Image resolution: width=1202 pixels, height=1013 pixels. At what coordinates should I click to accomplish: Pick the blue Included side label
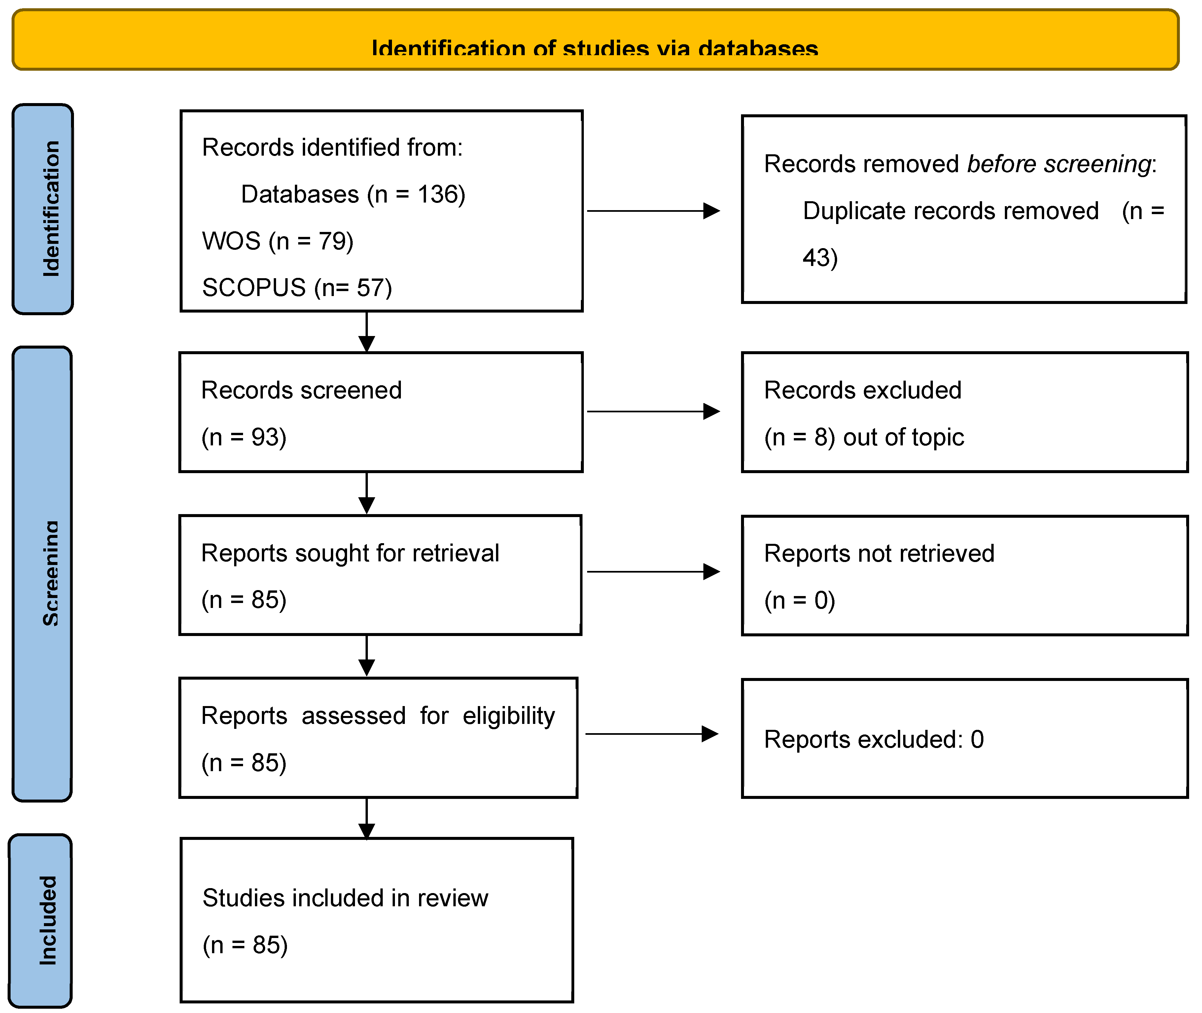tap(48, 919)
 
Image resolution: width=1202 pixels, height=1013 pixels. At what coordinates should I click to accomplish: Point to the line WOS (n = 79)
tap(277, 241)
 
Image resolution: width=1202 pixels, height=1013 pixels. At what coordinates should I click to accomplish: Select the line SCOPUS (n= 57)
tap(297, 287)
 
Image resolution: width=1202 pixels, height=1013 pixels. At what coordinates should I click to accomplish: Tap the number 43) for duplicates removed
tap(820, 257)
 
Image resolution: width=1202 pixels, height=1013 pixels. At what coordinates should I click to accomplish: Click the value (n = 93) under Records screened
tap(243, 437)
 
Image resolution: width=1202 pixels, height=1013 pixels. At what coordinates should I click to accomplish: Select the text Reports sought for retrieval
tap(350, 553)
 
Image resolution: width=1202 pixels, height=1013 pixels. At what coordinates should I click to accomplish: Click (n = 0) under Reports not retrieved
tap(799, 600)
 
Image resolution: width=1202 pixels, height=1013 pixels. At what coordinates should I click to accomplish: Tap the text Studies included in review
tap(345, 898)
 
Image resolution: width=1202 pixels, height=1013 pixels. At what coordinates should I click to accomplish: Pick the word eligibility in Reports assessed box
tap(509, 716)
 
